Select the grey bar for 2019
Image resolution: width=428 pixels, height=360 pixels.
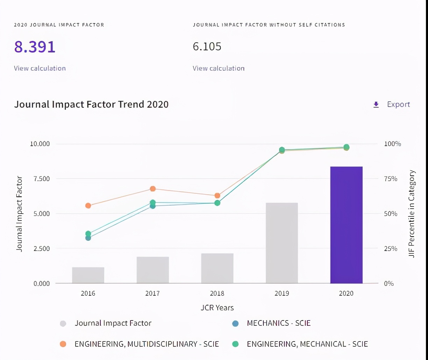coord(282,243)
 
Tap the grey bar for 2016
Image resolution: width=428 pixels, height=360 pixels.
coord(88,275)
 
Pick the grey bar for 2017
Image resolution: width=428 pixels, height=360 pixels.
coord(153,270)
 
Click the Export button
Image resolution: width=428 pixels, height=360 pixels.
coord(392,104)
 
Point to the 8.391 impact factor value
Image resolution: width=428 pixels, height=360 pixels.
coord(35,47)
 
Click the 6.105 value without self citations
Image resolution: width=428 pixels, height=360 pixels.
coord(207,46)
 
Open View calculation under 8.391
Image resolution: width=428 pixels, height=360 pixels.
coord(40,68)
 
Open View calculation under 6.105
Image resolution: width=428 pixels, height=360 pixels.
coord(219,68)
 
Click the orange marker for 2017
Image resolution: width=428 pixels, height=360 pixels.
coord(153,189)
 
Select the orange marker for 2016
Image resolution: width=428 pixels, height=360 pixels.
coord(88,206)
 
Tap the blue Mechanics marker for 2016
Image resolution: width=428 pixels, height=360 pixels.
coord(88,238)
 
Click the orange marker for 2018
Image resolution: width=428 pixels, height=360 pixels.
coord(217,195)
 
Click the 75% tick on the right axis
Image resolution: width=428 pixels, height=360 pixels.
coord(391,179)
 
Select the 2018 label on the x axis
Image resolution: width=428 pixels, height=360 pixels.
coord(217,293)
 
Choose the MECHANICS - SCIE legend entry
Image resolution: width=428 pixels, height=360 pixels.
coord(278,323)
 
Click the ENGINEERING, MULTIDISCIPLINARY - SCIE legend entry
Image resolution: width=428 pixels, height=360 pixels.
coord(147,344)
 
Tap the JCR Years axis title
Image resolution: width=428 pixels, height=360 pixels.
coord(217,308)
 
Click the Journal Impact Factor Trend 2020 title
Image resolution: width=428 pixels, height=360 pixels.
coord(91,104)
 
